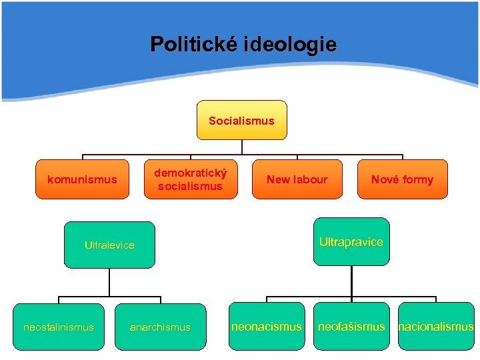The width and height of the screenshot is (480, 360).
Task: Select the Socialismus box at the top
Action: pyautogui.click(x=241, y=120)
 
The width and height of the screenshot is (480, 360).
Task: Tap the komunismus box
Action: pyautogui.click(x=82, y=179)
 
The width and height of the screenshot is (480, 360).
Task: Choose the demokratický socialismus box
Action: pyautogui.click(x=191, y=179)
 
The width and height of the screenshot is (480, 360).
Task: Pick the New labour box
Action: pyautogui.click(x=297, y=179)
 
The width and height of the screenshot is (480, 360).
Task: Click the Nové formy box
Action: pyautogui.click(x=402, y=179)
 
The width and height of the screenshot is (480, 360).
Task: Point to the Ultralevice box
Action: pyautogui.click(x=109, y=245)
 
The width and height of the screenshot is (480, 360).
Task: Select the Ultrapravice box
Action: pyautogui.click(x=351, y=241)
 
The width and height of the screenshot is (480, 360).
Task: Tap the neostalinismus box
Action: pyautogui.click(x=59, y=327)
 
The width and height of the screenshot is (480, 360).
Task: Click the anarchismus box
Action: pyautogui.click(x=160, y=327)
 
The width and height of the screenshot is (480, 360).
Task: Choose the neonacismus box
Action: pyautogui.click(x=267, y=327)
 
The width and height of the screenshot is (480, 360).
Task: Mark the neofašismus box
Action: pyautogui.click(x=351, y=327)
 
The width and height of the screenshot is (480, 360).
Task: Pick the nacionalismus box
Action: pyautogui.click(x=436, y=327)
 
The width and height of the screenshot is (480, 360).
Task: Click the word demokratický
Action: pyautogui.click(x=191, y=173)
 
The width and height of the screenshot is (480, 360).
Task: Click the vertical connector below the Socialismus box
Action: pyautogui.click(x=241, y=147)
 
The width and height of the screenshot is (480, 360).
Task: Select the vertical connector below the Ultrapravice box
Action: pyautogui.click(x=351, y=281)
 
